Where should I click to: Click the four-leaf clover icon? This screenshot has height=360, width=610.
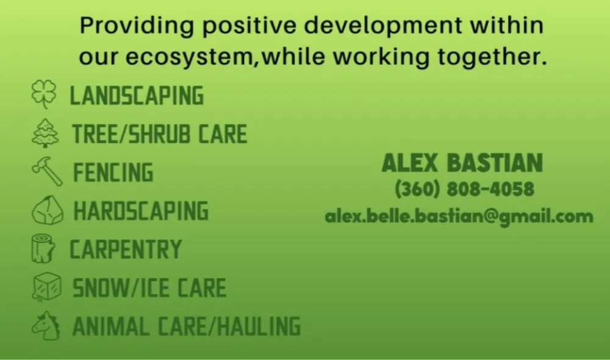pos(43,94)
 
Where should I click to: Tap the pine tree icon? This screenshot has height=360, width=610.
pos(45,133)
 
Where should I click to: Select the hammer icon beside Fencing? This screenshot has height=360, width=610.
pos(47,171)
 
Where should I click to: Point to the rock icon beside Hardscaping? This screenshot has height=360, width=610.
pos(48,210)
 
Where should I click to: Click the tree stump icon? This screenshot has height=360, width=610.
pos(43,248)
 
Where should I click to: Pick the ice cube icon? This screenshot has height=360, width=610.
pos(47,287)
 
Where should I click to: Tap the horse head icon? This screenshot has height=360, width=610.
pos(46,326)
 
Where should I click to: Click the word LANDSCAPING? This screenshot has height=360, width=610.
pos(137,96)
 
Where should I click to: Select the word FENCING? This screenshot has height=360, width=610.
pos(113,173)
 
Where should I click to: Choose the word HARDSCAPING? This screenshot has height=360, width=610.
pos(142,211)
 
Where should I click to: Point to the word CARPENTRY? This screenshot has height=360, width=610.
pos(126,249)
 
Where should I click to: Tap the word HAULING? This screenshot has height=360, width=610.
pos(259,326)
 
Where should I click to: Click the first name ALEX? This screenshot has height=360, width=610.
pos(410,163)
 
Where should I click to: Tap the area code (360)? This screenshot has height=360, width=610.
pos(417,189)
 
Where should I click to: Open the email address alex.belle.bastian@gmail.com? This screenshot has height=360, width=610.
pos(459,217)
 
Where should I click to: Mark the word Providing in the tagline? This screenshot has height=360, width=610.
pos(137,26)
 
